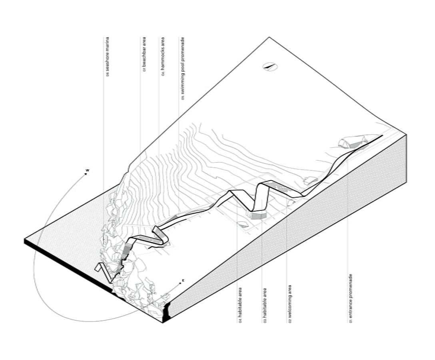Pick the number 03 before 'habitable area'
(x=264, y=320)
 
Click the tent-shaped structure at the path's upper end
(x=347, y=142)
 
